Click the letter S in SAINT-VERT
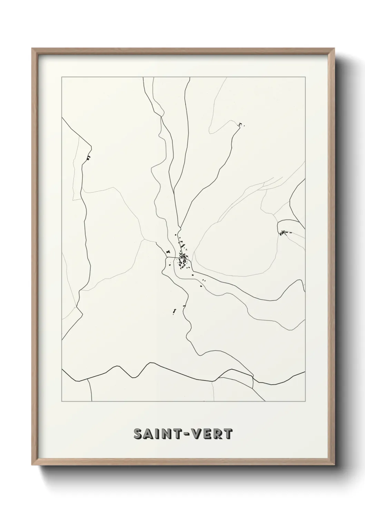pos(138,434)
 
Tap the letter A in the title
pos(149,434)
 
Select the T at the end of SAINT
pos(178,434)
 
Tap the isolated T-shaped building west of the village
pos(168,252)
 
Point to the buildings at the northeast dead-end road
pos(240,124)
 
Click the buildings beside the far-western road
pos(88,158)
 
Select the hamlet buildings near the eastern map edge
pos(284,233)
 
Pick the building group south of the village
pos(174,312)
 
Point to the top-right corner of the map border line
pos(305,77)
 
